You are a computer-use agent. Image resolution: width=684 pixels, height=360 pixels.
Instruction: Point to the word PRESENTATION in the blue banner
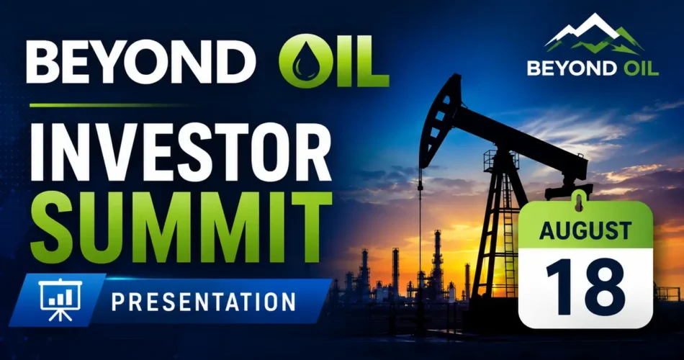click(204, 302)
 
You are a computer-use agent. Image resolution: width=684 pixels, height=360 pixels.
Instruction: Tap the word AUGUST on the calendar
click(585, 231)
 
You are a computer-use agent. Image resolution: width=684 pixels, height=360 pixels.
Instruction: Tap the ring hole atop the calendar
click(578, 204)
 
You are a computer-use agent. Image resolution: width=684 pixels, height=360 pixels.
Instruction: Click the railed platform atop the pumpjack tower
click(501, 160)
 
